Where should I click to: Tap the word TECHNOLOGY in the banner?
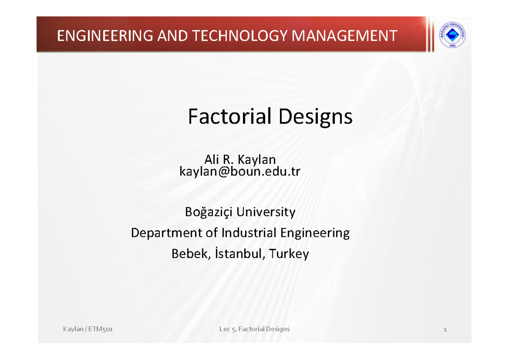[x=238, y=36]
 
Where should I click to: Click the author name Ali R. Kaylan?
[x=240, y=160]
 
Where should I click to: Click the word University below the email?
[x=266, y=211]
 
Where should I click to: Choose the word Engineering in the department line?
[x=314, y=233]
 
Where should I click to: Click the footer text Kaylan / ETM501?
[x=87, y=329]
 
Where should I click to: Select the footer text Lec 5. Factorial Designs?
[x=255, y=329]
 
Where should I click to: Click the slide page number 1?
[x=445, y=329]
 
